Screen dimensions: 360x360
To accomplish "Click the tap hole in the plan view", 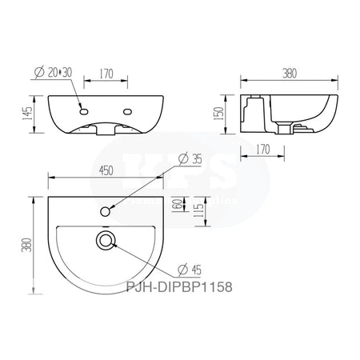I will pos(106,210).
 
